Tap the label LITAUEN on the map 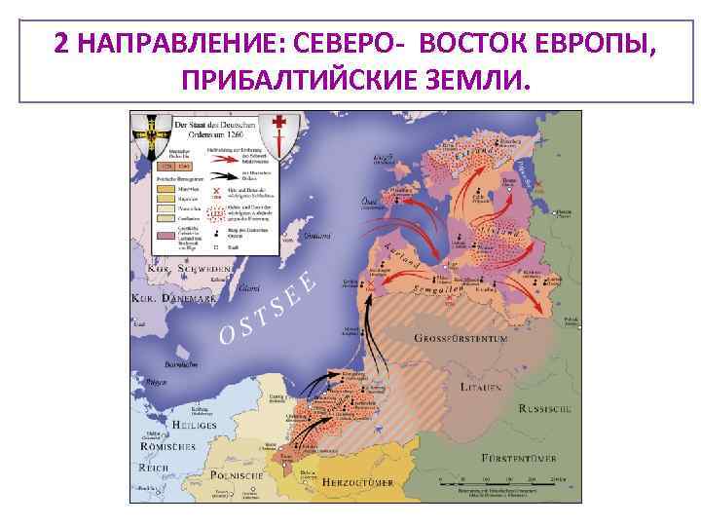[483, 388]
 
